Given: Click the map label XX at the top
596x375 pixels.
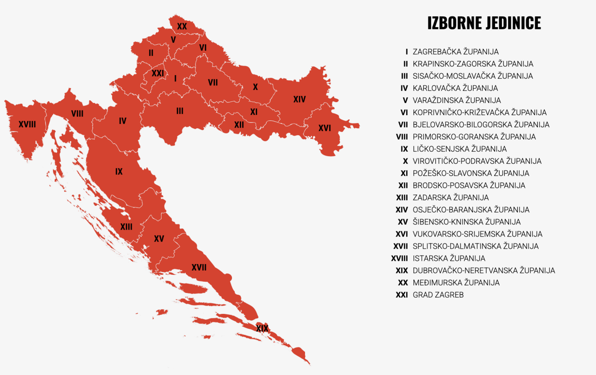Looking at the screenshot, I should tap(182, 27).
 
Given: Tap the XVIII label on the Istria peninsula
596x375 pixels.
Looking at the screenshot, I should tap(27, 125).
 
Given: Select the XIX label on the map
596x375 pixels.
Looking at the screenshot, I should tap(262, 328).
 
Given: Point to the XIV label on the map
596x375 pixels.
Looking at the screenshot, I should tap(299, 99).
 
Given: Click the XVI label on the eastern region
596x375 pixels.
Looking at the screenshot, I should tap(325, 128).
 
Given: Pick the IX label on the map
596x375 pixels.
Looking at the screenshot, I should tap(119, 172).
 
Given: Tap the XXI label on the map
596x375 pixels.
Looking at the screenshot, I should tap(158, 73).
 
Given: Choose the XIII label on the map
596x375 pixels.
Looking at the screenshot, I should tap(126, 227).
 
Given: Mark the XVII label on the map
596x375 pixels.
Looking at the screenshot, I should tap(199, 267).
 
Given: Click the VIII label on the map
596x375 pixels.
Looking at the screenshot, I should tap(77, 113).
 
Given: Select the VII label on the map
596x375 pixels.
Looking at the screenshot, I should tap(213, 83).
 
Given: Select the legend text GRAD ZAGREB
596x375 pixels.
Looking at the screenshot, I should tap(438, 295).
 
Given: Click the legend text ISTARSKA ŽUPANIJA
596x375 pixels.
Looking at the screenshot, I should tap(449, 258).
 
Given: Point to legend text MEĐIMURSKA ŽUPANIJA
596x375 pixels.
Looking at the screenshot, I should tap(456, 283).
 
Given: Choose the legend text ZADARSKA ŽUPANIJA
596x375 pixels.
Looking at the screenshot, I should tap(451, 198).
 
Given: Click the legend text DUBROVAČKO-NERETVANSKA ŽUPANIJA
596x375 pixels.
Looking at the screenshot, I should tap(484, 271).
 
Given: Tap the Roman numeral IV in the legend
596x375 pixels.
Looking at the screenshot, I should tap(404, 88).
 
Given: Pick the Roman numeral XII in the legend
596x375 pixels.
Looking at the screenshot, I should tap(403, 186).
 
